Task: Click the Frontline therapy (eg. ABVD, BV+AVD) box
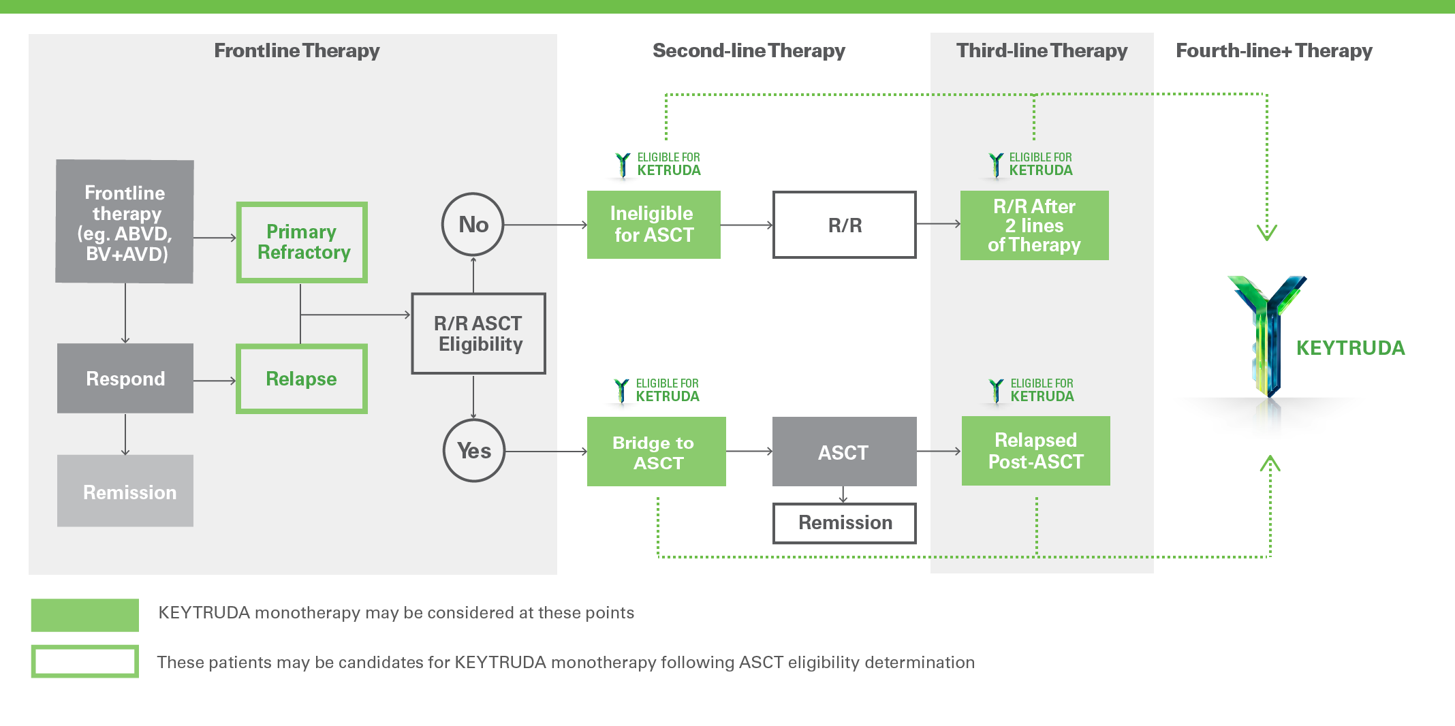pyautogui.click(x=125, y=222)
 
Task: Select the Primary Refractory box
pyautogui.click(x=302, y=242)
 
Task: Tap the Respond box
pyautogui.click(x=125, y=379)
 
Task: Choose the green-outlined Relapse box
pyautogui.click(x=302, y=379)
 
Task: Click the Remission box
pyautogui.click(x=125, y=491)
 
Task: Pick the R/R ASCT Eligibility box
pyautogui.click(x=478, y=334)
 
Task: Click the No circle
pyautogui.click(x=473, y=224)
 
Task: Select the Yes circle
pyautogui.click(x=474, y=451)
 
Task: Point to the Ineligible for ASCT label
pyautogui.click(x=653, y=224)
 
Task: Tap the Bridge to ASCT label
pyautogui.click(x=654, y=453)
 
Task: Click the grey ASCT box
pyautogui.click(x=843, y=453)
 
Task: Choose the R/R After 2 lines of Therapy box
pyautogui.click(x=1034, y=225)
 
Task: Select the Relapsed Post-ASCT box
pyautogui.click(x=1035, y=451)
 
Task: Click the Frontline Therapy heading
pyautogui.click(x=297, y=50)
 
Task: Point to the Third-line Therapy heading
pyautogui.click(x=1042, y=50)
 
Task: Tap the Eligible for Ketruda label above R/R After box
pyautogui.click(x=1031, y=165)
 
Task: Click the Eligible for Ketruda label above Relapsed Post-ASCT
pyautogui.click(x=1033, y=391)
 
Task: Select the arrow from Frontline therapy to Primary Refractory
pyautogui.click(x=215, y=238)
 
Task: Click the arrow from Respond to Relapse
pyautogui.click(x=215, y=381)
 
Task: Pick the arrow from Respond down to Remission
pyautogui.click(x=125, y=434)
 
